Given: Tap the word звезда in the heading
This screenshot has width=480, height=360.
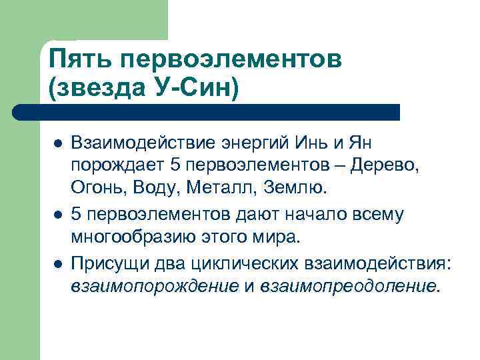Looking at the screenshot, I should point(100,87).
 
